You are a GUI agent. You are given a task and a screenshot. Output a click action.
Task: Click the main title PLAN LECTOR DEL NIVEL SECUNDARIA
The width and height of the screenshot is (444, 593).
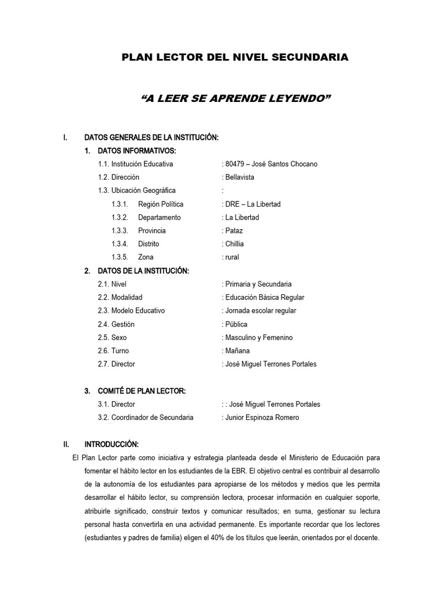(234, 57)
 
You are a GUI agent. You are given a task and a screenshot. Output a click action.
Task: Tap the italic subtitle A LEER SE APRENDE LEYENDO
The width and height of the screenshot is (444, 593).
(235, 99)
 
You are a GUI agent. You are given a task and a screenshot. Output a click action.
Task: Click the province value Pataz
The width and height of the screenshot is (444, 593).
(232, 230)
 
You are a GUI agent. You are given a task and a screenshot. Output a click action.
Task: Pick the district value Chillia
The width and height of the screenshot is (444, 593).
(234, 244)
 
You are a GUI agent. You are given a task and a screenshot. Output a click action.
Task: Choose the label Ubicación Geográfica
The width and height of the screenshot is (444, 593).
(136, 191)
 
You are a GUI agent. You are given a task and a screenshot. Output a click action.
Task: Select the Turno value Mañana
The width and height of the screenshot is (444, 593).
(236, 351)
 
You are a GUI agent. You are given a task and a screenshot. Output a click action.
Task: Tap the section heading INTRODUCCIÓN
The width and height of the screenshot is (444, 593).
(111, 444)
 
